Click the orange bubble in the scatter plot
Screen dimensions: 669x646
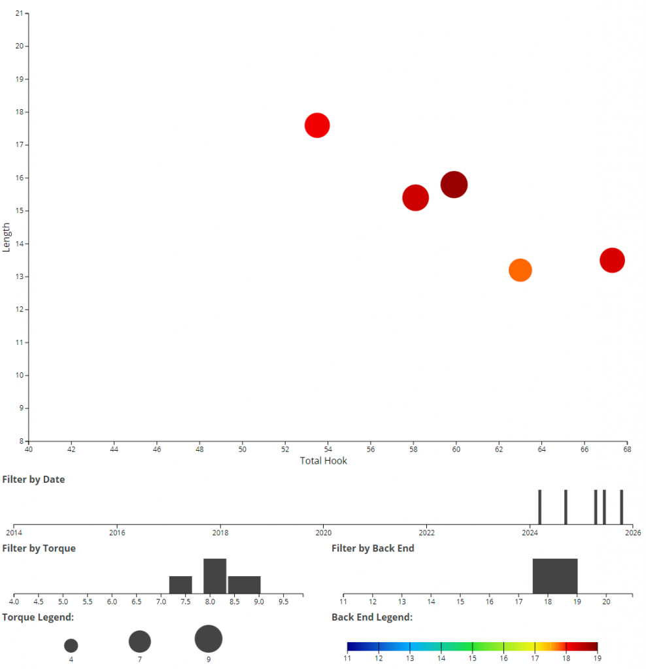pos(520,270)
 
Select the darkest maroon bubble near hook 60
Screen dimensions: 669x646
pos(454,184)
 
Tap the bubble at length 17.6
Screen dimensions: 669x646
pos(317,125)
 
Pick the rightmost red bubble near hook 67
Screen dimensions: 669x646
pos(612,260)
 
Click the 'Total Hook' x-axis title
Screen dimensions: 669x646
pos(324,461)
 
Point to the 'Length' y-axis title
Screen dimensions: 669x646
pos(7,238)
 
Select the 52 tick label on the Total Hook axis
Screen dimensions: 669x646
pos(285,449)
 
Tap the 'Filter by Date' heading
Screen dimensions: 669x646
pos(33,480)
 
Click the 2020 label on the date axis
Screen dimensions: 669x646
pos(324,532)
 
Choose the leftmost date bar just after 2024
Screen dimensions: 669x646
pos(539,506)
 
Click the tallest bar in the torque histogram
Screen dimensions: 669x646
pos(214,576)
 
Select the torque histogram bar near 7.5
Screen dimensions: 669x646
pos(180,585)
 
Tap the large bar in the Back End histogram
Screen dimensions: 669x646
pos(555,576)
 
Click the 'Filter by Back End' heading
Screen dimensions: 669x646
pos(373,548)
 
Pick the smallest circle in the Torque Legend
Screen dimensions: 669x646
pos(71,645)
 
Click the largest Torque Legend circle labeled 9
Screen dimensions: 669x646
pos(209,639)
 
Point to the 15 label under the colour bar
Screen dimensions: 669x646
pos(472,659)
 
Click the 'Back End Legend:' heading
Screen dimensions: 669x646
pos(371,617)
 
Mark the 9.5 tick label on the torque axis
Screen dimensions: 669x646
pos(283,601)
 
